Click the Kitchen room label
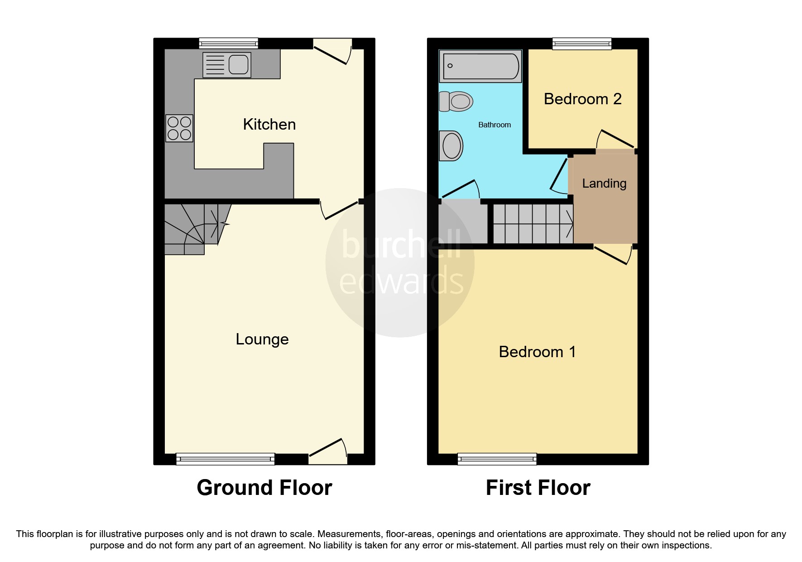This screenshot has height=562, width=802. pos(269,124)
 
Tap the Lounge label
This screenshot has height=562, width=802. pos(262,339)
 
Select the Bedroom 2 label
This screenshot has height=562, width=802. pos(582,99)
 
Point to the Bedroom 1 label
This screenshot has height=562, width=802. pos(537,352)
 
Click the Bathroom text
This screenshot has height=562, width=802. pos(495,125)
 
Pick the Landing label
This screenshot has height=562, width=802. pos(604,183)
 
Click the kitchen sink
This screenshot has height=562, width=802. pos(227,65)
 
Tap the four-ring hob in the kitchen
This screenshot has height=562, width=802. pos(179,128)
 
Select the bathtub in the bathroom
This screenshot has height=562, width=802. pos(480,66)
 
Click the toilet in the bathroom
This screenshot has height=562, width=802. pos(456,102)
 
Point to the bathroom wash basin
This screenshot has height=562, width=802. pos(451,146)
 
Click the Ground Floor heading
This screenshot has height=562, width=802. pos(264,488)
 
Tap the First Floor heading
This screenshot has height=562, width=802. pos(538,488)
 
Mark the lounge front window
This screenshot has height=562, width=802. pos(225,459)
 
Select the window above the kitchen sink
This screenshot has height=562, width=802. pos(229,44)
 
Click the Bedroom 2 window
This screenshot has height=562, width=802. pos(582,44)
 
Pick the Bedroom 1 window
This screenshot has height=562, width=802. pos(497,459)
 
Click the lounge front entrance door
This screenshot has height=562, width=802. pos(328,453)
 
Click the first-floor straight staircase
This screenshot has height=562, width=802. pos(533,224)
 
